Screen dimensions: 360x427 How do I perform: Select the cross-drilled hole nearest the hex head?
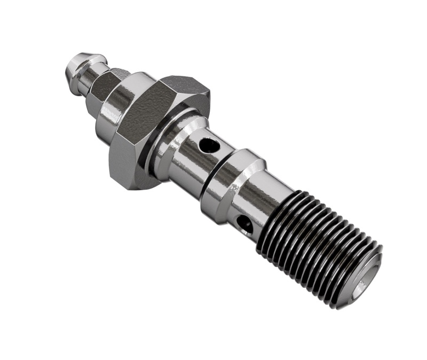click(208, 144)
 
